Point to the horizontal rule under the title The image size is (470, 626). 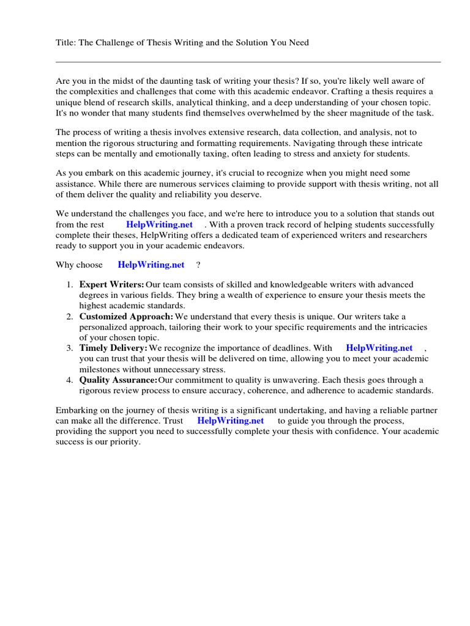(x=248, y=62)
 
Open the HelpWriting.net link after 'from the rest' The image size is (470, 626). (x=159, y=224)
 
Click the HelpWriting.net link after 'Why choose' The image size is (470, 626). (x=151, y=265)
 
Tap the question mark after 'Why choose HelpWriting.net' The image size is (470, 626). (x=198, y=265)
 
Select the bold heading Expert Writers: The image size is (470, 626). (x=111, y=285)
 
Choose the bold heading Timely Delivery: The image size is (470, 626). (x=113, y=348)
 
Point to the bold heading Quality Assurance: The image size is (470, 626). (x=118, y=380)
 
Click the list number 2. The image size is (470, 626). (x=69, y=317)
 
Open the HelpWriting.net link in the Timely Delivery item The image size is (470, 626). (x=379, y=348)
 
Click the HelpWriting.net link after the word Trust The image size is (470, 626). (x=230, y=421)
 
